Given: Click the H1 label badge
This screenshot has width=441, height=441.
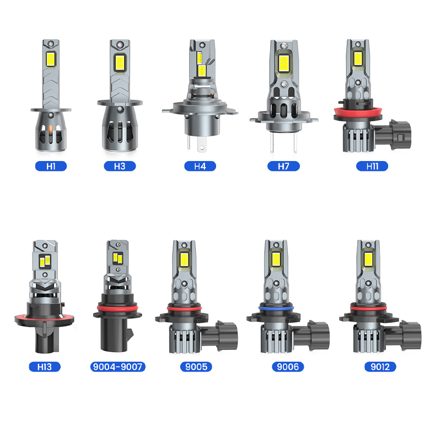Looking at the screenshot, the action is pos(51,166).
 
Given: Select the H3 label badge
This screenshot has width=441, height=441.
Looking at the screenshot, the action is pos(120,166).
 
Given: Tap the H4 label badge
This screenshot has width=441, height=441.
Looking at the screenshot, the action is pos(200,166).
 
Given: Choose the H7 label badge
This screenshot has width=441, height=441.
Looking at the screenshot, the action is pos(283,166).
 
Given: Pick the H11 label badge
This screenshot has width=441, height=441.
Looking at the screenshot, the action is pos(372,166).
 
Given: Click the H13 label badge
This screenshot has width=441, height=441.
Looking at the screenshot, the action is pos(45,367).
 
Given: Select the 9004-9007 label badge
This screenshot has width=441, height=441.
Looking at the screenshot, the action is pos(117,367).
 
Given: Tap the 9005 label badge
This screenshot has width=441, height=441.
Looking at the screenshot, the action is pos(196,367).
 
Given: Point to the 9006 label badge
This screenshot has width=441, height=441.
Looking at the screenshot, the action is pos(288,367).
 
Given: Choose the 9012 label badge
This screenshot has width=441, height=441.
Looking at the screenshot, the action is pos(380,367).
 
